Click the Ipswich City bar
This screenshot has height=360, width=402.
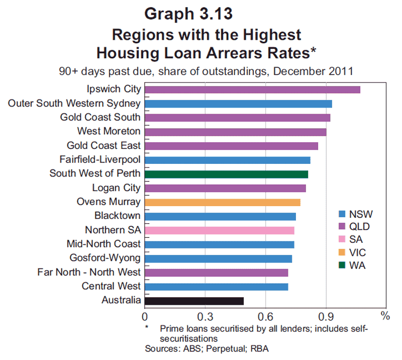[252, 90]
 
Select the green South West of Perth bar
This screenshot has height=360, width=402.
[227, 174]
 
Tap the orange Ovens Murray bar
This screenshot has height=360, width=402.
[223, 203]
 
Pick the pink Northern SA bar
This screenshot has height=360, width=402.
[220, 230]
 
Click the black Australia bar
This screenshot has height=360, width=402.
[194, 301]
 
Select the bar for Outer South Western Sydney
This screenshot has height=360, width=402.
[238, 104]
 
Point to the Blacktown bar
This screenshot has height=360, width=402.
[220, 217]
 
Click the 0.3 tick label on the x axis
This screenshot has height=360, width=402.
[205, 317]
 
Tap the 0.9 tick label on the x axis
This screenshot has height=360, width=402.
[326, 317]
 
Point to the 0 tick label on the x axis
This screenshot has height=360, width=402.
[145, 317]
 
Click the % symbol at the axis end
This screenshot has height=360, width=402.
[385, 316]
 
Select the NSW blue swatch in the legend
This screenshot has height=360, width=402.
[342, 214]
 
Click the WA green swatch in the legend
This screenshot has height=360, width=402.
[342, 265]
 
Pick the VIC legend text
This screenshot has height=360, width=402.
[357, 252]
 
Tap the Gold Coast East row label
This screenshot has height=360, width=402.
[104, 145]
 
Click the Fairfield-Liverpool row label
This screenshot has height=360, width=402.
[100, 159]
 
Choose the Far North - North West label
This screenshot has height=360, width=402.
[89, 272]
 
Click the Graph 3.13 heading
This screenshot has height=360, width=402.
[188, 14]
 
